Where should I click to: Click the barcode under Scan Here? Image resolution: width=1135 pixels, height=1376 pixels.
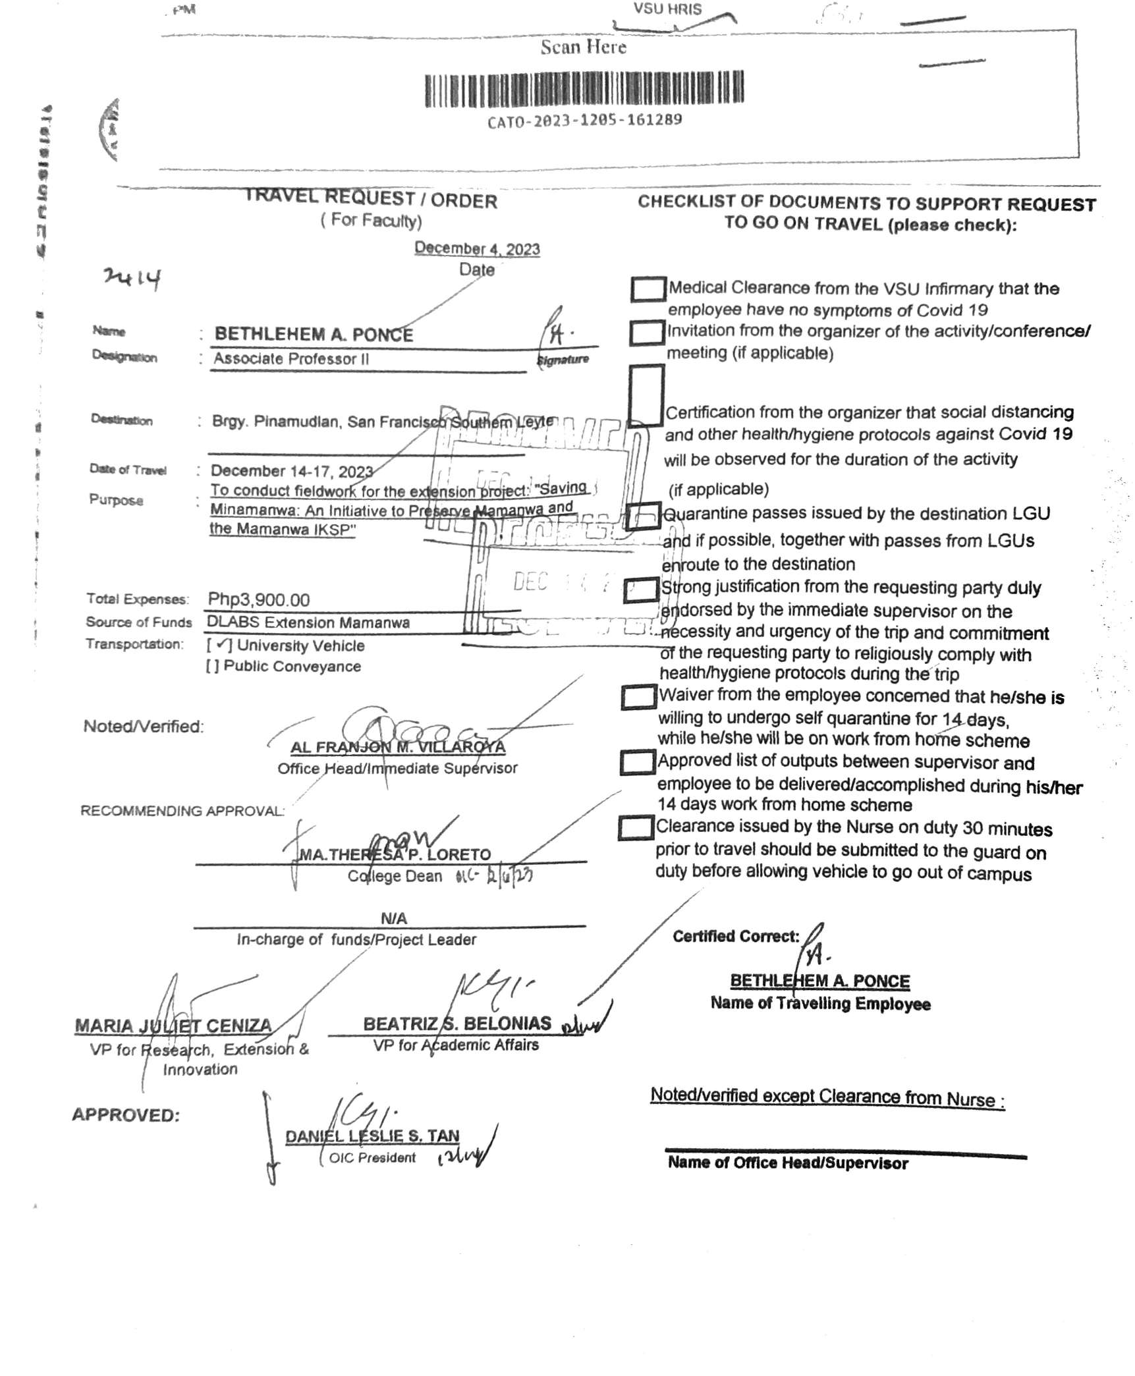[x=584, y=90]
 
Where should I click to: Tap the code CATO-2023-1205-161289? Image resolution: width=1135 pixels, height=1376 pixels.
[x=584, y=121]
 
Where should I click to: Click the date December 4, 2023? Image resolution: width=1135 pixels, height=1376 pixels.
[x=477, y=249]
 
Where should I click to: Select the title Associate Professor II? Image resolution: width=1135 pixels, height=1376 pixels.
[x=291, y=359]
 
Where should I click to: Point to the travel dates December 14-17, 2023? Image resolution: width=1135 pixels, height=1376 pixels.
[x=292, y=472]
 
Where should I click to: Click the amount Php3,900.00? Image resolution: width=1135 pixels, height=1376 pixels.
[x=259, y=599]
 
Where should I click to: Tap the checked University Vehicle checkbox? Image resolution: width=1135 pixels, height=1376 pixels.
[x=220, y=646]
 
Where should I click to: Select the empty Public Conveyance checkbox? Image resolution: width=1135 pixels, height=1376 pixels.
[x=212, y=667]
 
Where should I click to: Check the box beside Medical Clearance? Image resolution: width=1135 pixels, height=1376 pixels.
[x=648, y=289]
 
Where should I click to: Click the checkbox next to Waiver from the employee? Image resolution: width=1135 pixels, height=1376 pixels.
[x=639, y=698]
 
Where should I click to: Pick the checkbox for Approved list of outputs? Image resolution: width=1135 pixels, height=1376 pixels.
[x=638, y=763]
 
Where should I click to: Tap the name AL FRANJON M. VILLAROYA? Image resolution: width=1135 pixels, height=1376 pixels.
[x=398, y=748]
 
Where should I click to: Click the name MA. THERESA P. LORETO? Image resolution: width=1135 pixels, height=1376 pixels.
[x=395, y=855]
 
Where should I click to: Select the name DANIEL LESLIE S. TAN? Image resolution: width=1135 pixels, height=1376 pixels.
[x=372, y=1136]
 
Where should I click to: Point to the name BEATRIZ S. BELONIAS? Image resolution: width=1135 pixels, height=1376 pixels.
[x=457, y=1024]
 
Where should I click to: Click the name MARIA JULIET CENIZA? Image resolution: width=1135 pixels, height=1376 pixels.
[x=173, y=1026]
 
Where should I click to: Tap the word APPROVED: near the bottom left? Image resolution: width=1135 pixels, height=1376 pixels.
[x=126, y=1115]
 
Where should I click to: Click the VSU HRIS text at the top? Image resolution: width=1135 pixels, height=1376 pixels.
[x=667, y=9]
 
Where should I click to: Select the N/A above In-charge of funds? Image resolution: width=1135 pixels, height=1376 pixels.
[x=394, y=918]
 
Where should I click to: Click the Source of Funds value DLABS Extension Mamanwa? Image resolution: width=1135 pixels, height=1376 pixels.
[x=308, y=622]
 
